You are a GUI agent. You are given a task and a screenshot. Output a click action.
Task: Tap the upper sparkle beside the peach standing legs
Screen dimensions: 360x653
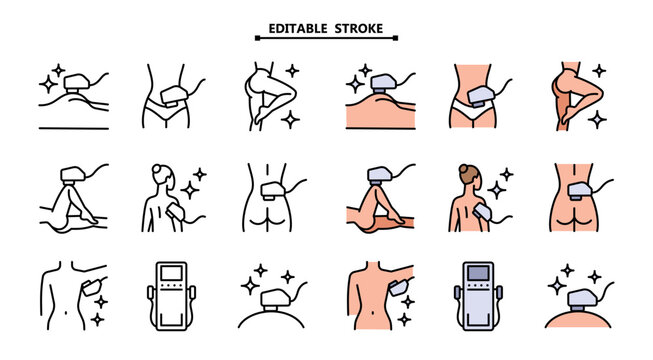pos(599,71)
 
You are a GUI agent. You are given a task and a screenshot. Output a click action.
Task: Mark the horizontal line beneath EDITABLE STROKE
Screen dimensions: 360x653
pos(326,40)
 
